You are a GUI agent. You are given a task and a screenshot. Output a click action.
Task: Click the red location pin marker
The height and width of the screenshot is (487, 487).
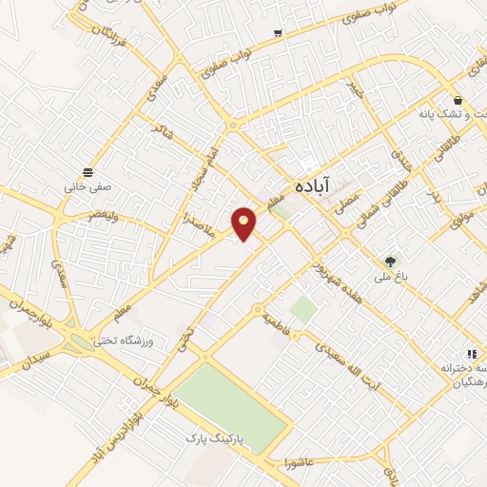coord(244,223)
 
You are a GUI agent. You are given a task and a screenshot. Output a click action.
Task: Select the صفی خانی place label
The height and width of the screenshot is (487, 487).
coord(88,186)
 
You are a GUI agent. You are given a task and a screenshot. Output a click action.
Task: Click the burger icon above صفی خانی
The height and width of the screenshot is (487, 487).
coord(88,171)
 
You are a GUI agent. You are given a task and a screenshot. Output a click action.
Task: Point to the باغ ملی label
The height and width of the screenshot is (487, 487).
coord(390,277)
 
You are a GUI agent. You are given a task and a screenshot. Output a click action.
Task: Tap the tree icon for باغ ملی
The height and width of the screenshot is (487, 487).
coord(390,262)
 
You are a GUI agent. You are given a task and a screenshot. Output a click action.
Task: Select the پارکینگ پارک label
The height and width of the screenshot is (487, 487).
coord(209,438)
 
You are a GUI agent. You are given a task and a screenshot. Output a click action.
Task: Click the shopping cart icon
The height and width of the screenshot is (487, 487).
coord(277,33)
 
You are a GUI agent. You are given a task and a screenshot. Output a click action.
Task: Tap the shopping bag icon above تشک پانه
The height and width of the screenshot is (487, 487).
coord(458,99)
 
